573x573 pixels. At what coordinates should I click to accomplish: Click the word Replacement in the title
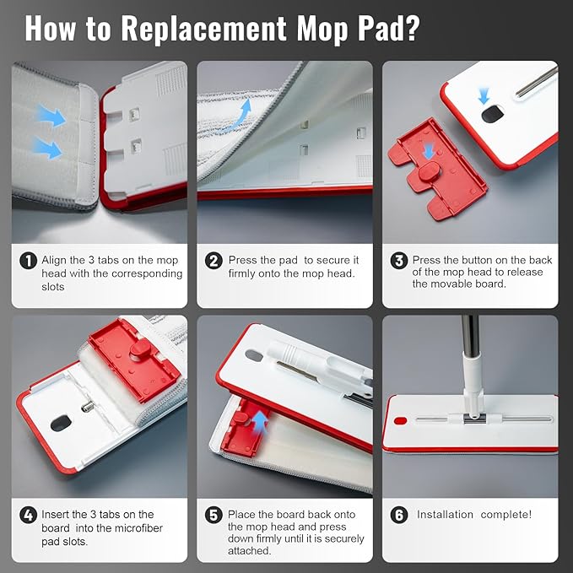203,29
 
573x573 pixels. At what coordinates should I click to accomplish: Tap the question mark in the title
413,28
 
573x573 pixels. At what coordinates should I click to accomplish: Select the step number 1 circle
28,261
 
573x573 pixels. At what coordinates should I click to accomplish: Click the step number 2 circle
214,261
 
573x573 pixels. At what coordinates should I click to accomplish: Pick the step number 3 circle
399,261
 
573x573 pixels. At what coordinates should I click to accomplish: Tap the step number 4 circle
28,515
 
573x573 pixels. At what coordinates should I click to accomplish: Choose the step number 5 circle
214,515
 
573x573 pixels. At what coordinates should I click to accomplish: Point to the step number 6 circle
399,515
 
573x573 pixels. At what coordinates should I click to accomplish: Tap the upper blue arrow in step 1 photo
51,115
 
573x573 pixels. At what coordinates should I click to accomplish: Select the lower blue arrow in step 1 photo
48,148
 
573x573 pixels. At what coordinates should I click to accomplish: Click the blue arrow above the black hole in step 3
484,97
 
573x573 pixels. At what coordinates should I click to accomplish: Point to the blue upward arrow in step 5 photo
260,421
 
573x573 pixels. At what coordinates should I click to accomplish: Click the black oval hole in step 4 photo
61,423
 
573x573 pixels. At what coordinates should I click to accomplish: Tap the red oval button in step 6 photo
401,420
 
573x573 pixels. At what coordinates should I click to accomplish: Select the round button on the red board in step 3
430,171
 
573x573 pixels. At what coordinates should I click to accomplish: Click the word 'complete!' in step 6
505,515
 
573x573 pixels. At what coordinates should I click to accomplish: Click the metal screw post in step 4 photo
88,406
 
